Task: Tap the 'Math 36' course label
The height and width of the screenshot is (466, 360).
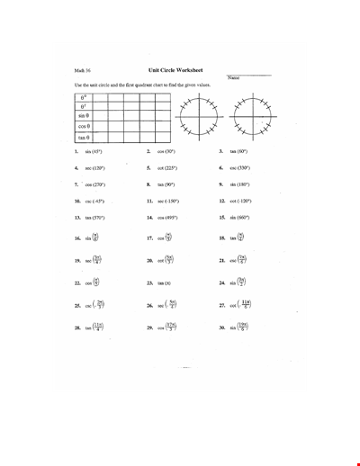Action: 83,69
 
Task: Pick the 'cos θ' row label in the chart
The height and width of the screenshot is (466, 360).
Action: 85,126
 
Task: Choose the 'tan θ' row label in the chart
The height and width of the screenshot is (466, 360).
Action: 85,137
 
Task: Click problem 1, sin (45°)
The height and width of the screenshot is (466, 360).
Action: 94,151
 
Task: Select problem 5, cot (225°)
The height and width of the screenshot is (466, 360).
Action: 166,167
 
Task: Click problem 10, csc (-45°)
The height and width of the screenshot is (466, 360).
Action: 94,201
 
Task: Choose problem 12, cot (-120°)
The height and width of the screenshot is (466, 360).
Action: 238,201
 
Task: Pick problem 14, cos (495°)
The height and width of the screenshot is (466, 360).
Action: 166,217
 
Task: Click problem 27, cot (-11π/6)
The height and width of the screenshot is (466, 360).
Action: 240,304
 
